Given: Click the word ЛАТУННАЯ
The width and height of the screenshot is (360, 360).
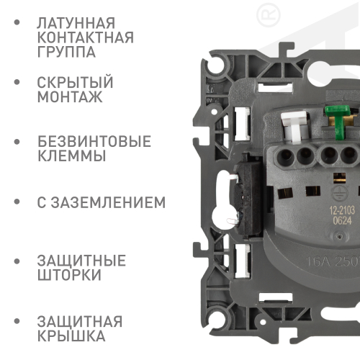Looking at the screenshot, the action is tap(76, 23).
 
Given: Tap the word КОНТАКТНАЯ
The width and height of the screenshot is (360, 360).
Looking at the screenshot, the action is tap(86, 37).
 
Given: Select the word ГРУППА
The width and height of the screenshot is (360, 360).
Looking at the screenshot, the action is tap(66, 52).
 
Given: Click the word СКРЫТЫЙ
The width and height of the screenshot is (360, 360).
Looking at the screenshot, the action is tap(75, 81).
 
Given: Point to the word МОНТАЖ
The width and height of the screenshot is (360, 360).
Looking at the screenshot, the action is tap(70, 96).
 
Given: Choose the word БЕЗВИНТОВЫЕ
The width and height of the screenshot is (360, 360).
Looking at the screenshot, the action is tap(94, 141).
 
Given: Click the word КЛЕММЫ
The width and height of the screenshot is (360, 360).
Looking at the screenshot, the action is tap(72, 156).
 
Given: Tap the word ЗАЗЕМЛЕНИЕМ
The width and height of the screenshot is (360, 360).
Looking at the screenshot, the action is tap(108, 202).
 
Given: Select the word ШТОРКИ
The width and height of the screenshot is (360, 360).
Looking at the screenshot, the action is tap(69, 275).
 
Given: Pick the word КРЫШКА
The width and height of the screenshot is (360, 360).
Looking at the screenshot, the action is tap(71, 336).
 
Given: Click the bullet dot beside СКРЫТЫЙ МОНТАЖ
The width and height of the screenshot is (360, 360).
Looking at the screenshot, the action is tap(17, 82).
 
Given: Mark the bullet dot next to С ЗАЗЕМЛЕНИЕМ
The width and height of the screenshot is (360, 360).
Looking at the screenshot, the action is tap(17, 202).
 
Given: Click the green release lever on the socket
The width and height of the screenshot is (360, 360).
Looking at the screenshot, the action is tap(338, 122).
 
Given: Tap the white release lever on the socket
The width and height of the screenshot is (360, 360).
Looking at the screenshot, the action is tap(294, 127).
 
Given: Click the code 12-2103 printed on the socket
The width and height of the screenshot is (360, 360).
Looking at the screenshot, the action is tap(342, 211).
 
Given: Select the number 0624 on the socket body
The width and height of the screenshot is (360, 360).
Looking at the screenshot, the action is tap(342, 221).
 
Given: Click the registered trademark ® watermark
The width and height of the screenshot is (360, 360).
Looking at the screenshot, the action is tap(269, 15).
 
